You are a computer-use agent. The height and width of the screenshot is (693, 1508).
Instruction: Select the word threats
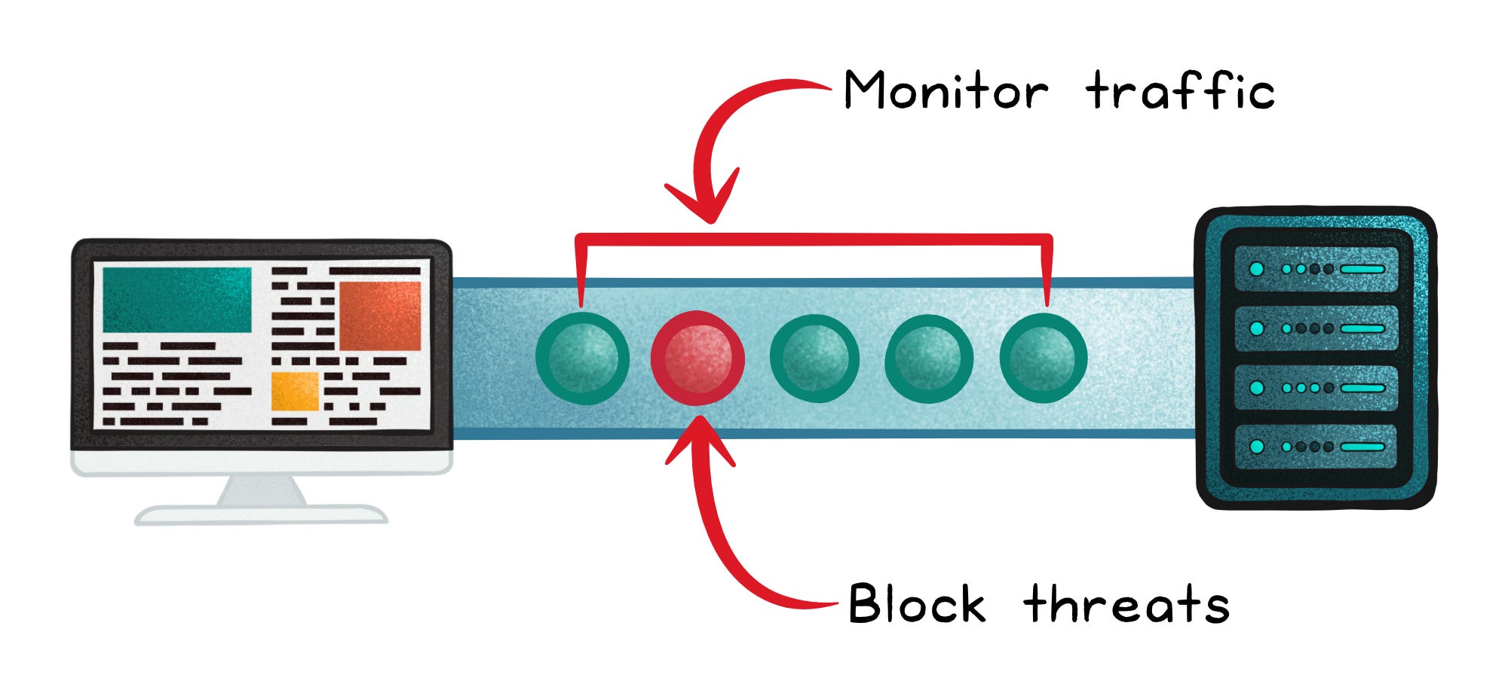(x=1126, y=604)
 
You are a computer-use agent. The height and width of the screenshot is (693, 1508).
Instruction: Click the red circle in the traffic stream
(x=697, y=359)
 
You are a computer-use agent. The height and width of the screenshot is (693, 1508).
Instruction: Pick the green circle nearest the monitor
(x=582, y=359)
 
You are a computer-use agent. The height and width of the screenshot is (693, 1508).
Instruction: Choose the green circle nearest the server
(x=1043, y=359)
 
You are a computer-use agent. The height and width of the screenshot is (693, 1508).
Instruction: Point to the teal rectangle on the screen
(x=177, y=300)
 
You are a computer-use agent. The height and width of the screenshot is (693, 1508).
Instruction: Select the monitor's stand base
(x=261, y=514)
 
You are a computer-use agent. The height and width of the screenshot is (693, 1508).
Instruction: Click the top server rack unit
(x=1316, y=269)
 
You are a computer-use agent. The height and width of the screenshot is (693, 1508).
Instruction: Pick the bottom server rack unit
(x=1316, y=447)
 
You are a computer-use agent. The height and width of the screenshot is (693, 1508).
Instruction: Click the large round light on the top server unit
(x=1256, y=269)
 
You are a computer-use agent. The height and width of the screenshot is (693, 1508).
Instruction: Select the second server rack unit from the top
(x=1316, y=328)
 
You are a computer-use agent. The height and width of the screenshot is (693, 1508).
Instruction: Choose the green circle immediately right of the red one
(x=814, y=359)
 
